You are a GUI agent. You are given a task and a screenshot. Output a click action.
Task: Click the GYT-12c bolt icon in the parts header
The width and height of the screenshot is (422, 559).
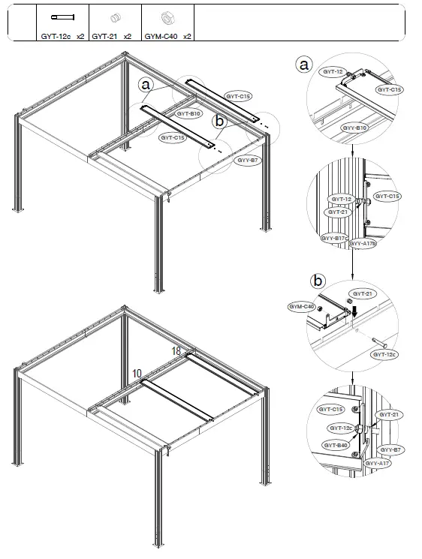pos(59,17)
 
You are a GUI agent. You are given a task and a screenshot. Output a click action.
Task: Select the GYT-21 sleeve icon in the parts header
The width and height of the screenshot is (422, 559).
pos(115,17)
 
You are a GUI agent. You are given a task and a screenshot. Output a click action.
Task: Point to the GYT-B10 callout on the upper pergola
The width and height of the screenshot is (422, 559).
pos(188,114)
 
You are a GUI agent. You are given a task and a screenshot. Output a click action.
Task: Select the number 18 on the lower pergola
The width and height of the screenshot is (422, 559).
pos(176,350)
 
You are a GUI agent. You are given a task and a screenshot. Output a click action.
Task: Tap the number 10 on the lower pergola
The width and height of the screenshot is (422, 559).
pos(137,373)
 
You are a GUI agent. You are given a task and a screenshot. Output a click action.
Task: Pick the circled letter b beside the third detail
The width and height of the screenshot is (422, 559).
pos(318,281)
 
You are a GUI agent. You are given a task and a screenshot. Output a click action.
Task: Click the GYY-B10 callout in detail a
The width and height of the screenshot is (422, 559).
pos(355,128)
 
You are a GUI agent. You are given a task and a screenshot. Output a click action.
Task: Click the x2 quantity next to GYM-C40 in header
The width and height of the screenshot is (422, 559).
pos(187,35)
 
